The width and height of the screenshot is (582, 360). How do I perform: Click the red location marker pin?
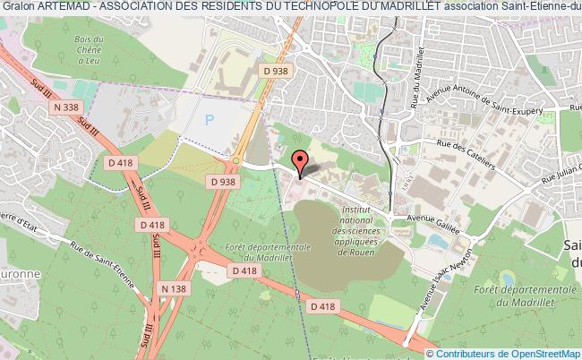click(302, 162)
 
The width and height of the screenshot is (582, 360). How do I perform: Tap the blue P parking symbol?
click(210, 118)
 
